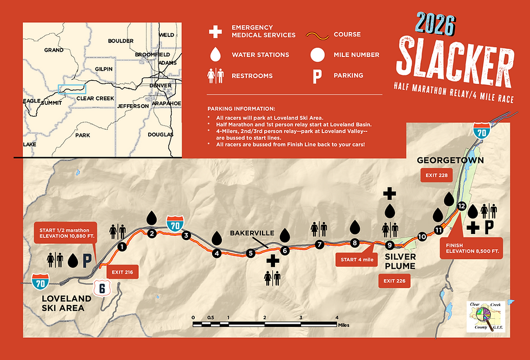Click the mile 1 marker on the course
click(x=122, y=247)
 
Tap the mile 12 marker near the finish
click(x=462, y=206)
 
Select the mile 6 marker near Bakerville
click(x=285, y=250)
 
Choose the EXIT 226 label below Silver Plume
click(x=393, y=281)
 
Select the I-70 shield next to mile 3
click(x=175, y=223)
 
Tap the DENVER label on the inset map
click(x=161, y=85)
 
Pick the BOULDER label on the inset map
click(x=120, y=41)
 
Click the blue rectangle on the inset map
click(x=72, y=89)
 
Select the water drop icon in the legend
click(x=216, y=54)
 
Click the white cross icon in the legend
click(x=216, y=31)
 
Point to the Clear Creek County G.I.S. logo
click(x=487, y=315)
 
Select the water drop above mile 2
click(x=152, y=218)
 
